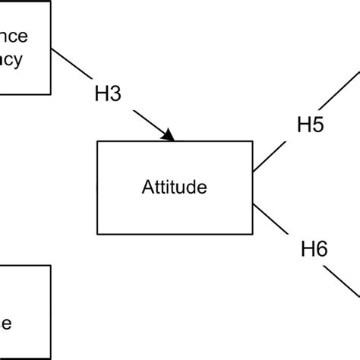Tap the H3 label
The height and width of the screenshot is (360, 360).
pos(107,96)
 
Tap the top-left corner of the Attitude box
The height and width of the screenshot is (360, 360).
pos(97,142)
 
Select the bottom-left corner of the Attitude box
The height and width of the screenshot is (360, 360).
pos(97,234)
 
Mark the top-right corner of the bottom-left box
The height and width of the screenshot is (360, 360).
pos(51,265)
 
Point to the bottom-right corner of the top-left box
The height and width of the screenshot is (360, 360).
pos(51,93)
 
